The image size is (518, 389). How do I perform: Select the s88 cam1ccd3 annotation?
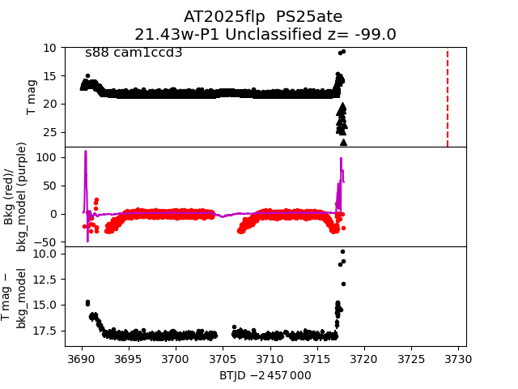coord(134,53)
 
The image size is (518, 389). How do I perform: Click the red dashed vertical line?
coord(448,97)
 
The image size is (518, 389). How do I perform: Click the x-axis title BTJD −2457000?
coord(265,375)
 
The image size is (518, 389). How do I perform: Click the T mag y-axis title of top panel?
coord(32,97)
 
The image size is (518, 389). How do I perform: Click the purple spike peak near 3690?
coord(85,152)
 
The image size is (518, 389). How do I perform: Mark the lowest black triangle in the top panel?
coord(343,143)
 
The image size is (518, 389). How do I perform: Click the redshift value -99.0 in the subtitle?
coord(376,35)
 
